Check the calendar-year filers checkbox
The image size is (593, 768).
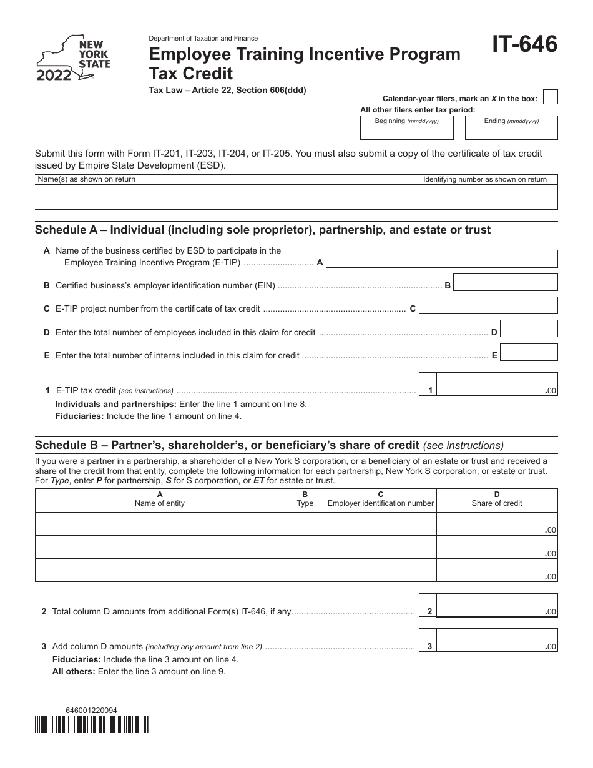550,97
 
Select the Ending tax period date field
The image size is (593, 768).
511,132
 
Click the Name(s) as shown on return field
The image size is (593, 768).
228,197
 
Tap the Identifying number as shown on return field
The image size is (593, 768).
489,197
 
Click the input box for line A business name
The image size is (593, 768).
442,259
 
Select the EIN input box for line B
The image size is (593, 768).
505,282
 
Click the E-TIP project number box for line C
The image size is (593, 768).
488,305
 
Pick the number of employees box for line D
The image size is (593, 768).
529,329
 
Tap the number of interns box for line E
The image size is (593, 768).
529,353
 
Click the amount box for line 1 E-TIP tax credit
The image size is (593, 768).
496,384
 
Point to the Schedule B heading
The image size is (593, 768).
227,445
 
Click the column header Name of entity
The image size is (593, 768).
160,499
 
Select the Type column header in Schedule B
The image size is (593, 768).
305,499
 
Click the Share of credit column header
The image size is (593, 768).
497,499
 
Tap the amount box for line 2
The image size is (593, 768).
496,605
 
